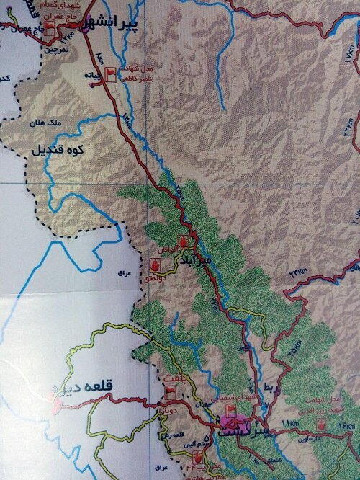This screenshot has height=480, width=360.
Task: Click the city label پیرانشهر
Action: point(114,22)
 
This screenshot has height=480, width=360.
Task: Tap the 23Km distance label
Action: point(297,272)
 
